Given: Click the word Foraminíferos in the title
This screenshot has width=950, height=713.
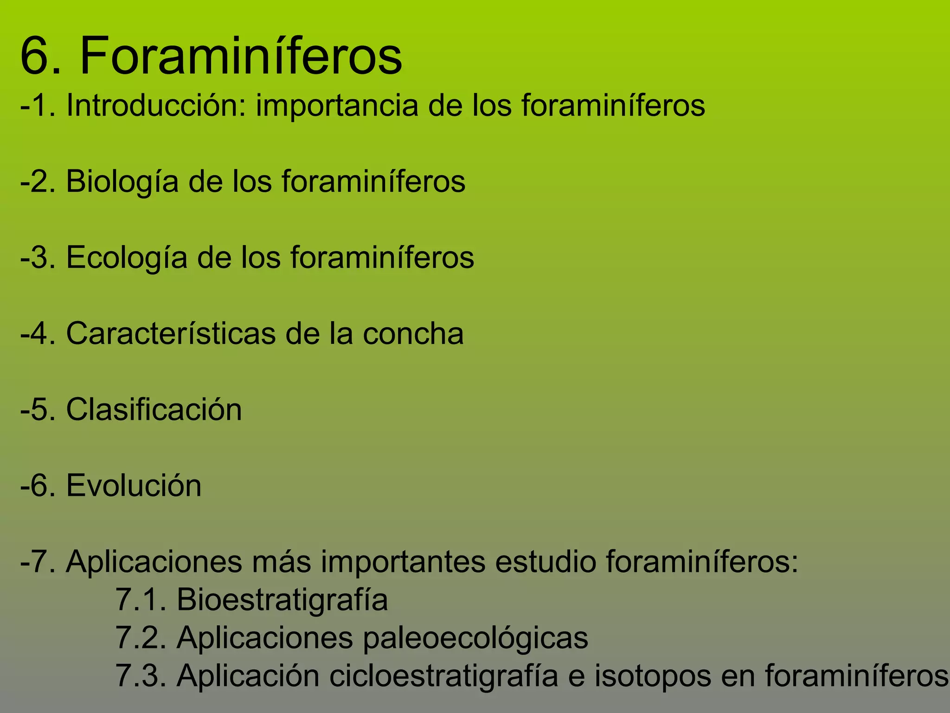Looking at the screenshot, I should [241, 57].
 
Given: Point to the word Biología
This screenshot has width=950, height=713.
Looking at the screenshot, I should [122, 182].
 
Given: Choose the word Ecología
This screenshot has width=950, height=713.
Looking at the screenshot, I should [127, 258].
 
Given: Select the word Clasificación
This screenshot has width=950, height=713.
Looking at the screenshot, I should [154, 410].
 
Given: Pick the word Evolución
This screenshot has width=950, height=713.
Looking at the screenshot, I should [134, 486].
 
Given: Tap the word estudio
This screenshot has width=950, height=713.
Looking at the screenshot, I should [546, 562].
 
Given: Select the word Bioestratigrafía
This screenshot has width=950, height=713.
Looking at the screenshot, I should [282, 600].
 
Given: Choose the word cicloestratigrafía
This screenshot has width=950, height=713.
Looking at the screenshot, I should [443, 676].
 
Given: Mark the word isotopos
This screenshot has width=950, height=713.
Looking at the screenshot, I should [653, 676].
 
